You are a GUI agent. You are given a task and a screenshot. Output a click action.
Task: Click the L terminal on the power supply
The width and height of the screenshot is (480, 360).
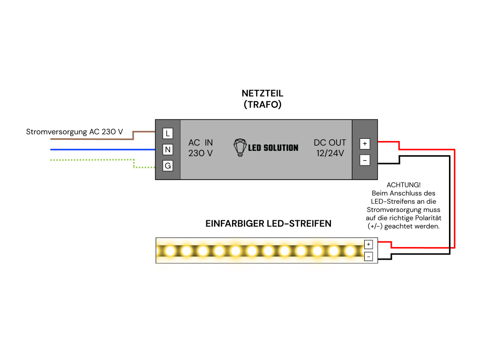[x=167, y=134]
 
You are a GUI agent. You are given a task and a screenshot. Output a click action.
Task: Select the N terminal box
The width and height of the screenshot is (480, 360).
[x=167, y=150]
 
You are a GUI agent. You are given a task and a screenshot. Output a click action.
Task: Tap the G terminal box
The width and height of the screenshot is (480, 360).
[x=167, y=166]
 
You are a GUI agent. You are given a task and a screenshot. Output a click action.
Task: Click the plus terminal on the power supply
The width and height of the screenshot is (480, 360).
[x=365, y=143]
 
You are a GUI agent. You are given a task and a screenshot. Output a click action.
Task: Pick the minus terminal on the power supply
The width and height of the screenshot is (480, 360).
[x=365, y=160]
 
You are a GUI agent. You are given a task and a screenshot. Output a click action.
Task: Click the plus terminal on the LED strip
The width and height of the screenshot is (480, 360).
[x=368, y=244]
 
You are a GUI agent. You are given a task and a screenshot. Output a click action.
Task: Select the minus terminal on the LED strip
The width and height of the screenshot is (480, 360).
[x=368, y=256]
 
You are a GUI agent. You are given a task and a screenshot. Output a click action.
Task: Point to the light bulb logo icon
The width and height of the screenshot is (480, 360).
[x=240, y=147]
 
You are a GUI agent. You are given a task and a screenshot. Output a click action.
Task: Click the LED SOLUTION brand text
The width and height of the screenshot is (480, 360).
[x=273, y=148]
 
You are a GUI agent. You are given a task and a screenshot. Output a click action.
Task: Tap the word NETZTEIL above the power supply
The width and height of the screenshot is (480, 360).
[x=262, y=93]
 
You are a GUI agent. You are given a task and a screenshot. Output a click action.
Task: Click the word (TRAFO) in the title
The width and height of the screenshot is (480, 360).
[x=262, y=105]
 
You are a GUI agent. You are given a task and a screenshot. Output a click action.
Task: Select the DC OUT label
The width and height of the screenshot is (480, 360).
[x=330, y=142]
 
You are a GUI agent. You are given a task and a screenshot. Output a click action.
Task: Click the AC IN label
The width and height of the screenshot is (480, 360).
[x=201, y=142]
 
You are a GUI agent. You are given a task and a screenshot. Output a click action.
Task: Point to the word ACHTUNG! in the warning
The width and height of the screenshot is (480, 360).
[x=404, y=185]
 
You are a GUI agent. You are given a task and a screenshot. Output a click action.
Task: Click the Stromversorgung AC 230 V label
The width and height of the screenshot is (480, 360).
[x=75, y=132]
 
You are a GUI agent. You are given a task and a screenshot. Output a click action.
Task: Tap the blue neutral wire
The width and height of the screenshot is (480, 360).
[x=103, y=150]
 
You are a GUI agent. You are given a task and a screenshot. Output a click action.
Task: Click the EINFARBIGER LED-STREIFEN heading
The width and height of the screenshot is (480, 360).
[x=268, y=224]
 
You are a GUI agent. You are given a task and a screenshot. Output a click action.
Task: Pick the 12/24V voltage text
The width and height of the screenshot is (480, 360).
[x=330, y=153]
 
